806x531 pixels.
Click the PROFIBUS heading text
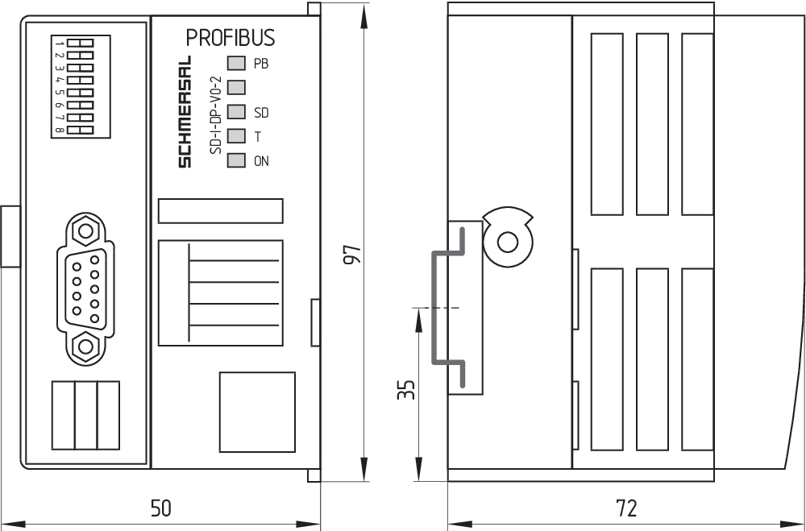click(x=231, y=38)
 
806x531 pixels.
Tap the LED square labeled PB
click(x=236, y=63)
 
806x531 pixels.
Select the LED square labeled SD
click(x=236, y=111)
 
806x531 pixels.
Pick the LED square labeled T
click(x=236, y=136)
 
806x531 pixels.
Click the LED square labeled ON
click(x=236, y=160)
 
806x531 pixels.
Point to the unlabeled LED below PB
click(x=236, y=86)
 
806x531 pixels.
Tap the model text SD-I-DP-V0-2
click(x=214, y=114)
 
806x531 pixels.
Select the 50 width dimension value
click(x=161, y=508)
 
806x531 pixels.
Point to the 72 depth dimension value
click(x=625, y=508)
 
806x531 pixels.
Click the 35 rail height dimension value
click(x=407, y=390)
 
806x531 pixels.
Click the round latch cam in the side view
click(x=508, y=242)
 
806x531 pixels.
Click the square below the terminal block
click(x=257, y=411)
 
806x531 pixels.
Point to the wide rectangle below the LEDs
click(x=220, y=211)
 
